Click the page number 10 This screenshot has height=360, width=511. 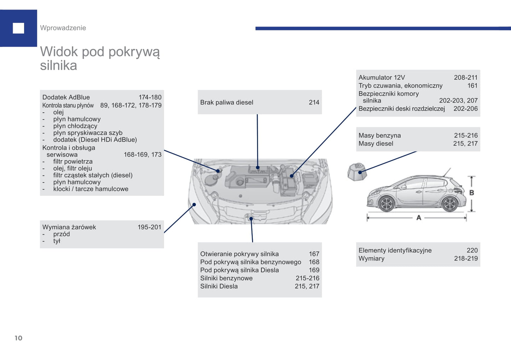click(x=18, y=338)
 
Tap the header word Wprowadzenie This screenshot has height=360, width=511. click(x=63, y=28)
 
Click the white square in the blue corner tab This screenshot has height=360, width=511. click(x=18, y=28)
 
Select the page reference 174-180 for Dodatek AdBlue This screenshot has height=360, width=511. click(x=150, y=97)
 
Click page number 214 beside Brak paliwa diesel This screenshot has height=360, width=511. click(x=314, y=102)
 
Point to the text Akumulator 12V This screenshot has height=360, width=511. click(x=382, y=77)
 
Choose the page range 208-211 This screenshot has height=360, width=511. click(x=465, y=77)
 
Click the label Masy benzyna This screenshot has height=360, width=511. click(x=379, y=135)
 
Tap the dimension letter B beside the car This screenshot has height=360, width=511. click(x=471, y=193)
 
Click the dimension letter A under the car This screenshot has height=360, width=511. click(x=419, y=218)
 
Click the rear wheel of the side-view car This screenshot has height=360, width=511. click(x=449, y=204)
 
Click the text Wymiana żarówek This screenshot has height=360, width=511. click(x=69, y=227)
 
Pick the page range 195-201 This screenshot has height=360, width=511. click(x=149, y=227)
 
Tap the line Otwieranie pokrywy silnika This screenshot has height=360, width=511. click(x=239, y=254)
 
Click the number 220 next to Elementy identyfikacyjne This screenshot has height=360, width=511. click(x=472, y=250)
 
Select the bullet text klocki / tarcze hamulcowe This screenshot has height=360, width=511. click(x=91, y=189)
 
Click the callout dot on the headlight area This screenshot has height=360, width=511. click(x=194, y=205)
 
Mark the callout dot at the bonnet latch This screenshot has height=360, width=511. click(x=251, y=219)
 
